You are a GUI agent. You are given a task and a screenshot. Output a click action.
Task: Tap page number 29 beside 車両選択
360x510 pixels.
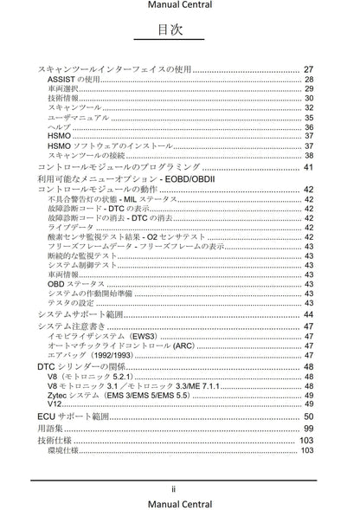click(308, 88)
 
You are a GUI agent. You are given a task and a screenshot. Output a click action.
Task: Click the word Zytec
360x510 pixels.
click(61, 394)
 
